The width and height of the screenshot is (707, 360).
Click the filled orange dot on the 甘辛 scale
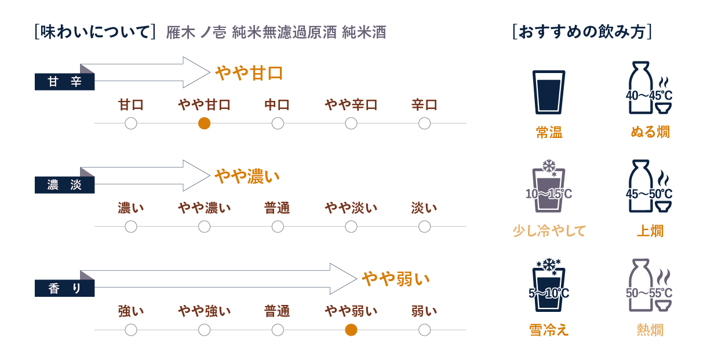tap(204, 123)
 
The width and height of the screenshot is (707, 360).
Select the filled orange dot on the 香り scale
tap(351, 330)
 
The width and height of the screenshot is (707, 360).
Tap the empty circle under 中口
tap(278, 123)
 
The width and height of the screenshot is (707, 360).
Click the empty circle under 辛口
tap(424, 123)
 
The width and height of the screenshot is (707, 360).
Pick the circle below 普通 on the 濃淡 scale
tap(278, 227)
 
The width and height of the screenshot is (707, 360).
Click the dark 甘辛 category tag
tap(64, 82)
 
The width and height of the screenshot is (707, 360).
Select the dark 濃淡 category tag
tap(64, 186)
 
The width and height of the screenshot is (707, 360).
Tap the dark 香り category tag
tap(64, 288)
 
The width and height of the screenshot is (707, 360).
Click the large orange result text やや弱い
tap(396, 279)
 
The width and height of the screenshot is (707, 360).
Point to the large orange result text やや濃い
tap(247, 176)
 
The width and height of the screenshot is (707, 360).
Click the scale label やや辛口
tap(351, 105)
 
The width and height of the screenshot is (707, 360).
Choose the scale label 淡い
tap(424, 208)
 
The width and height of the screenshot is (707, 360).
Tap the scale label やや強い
tap(204, 311)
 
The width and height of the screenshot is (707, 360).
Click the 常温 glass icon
tap(548, 92)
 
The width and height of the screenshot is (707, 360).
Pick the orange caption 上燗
tap(650, 231)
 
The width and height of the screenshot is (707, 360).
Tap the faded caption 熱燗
tap(650, 330)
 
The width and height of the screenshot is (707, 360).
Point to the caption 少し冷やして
tap(549, 231)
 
